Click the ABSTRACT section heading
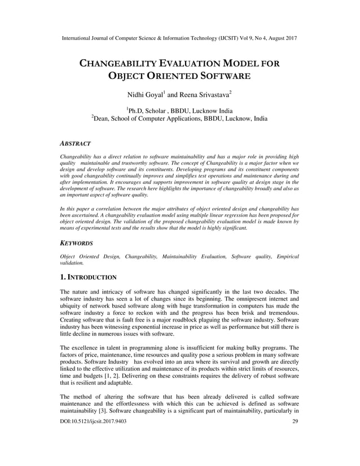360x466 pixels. tap(76, 144)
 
